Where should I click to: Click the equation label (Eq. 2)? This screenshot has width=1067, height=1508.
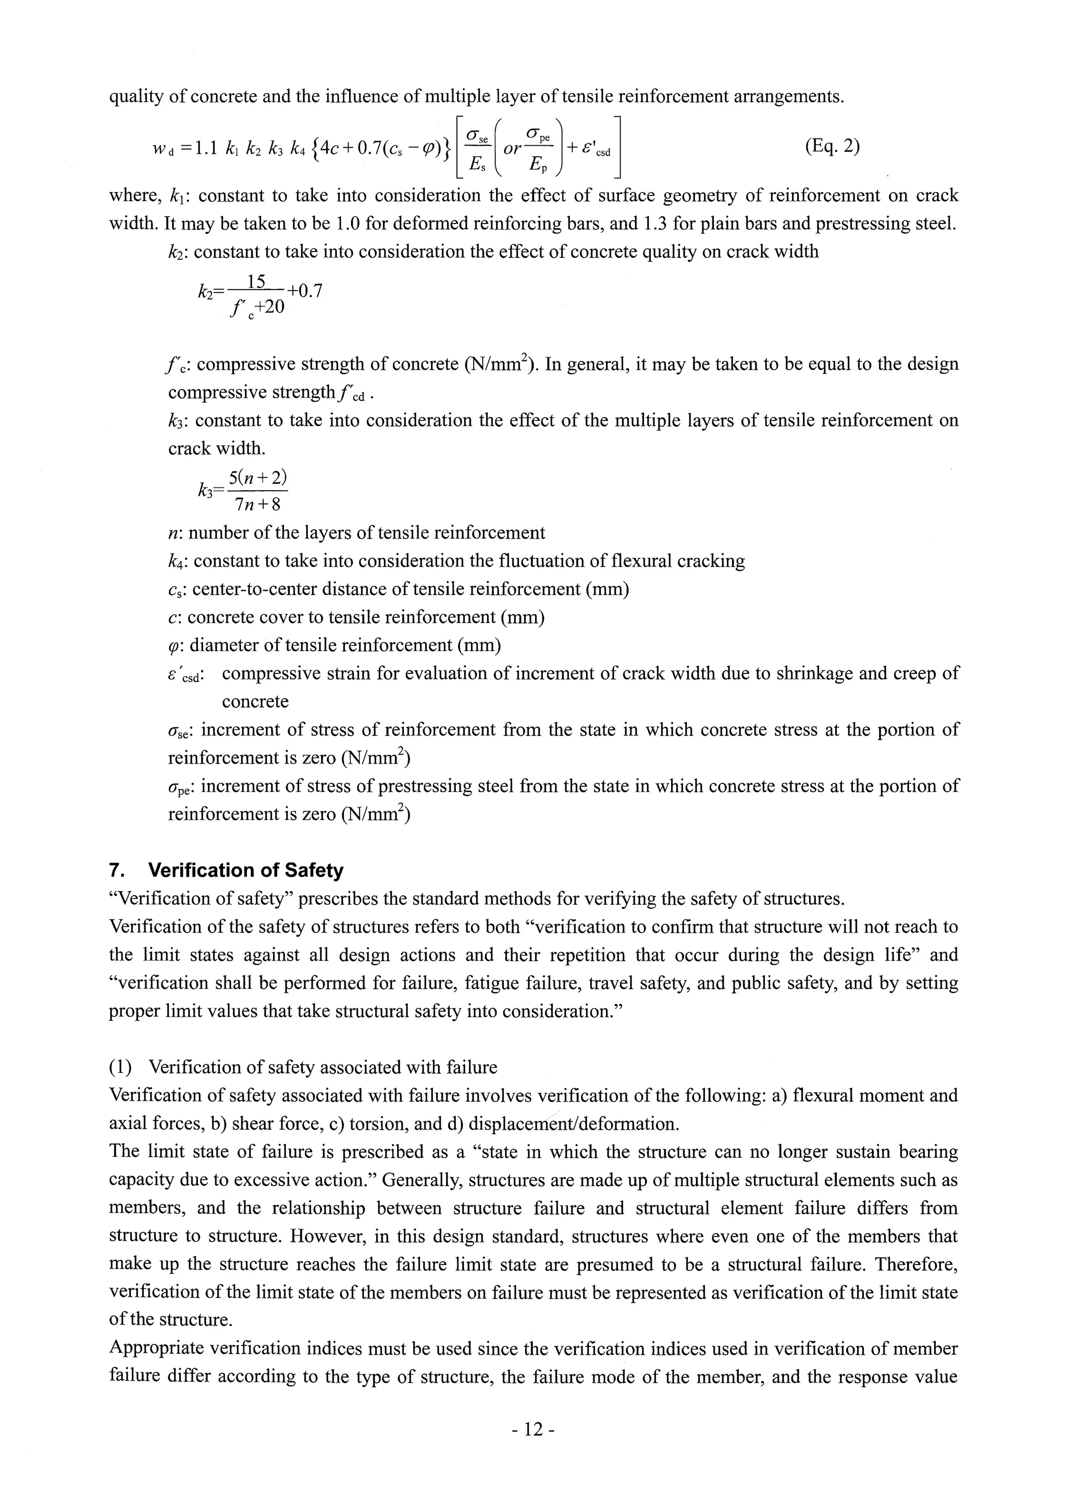[x=832, y=145]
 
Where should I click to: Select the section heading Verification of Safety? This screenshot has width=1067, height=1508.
[x=246, y=870]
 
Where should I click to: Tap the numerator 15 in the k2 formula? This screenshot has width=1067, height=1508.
[x=256, y=282]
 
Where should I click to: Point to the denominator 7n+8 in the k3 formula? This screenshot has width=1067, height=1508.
[x=257, y=504]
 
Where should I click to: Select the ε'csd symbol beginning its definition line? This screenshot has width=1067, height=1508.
[x=186, y=675]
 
